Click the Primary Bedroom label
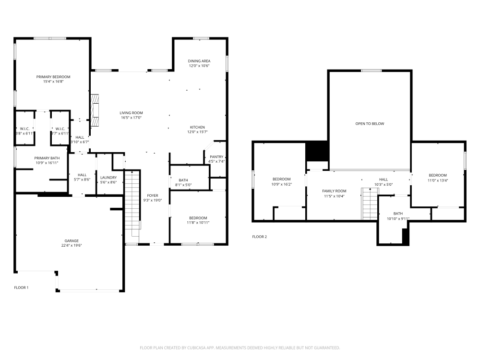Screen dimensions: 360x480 (53, 77)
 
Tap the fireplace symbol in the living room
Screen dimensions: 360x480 (95, 110)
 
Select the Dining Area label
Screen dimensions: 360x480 (199, 61)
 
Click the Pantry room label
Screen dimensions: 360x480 (216, 156)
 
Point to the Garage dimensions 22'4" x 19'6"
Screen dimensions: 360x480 (72, 245)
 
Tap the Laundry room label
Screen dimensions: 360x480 (108, 177)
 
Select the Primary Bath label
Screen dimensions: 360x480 (47, 158)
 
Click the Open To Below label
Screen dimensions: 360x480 (370, 123)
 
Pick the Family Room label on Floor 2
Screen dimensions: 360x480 (334, 191)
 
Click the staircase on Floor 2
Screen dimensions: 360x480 (369, 204)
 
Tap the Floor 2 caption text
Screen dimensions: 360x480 (259, 237)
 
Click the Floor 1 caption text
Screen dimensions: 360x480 (21, 288)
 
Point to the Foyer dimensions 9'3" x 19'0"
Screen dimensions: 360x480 (153, 201)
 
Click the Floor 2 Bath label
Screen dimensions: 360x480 (398, 214)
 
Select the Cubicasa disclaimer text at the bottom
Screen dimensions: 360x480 (240, 348)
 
